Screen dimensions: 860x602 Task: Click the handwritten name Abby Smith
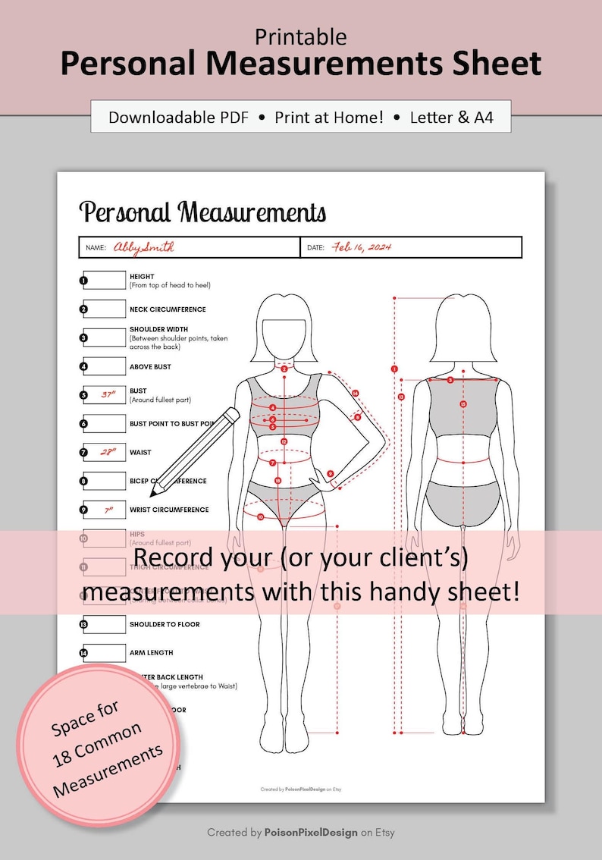click(144, 247)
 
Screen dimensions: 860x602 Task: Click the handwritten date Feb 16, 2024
click(362, 247)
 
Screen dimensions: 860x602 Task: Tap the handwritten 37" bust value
click(108, 394)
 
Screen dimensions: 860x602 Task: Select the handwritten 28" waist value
click(108, 452)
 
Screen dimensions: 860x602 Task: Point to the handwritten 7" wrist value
click(108, 510)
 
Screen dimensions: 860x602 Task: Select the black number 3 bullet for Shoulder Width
click(83, 338)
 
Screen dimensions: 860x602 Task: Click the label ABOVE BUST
click(150, 367)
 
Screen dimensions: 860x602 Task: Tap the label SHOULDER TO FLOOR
click(165, 625)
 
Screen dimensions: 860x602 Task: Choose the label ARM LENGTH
click(151, 653)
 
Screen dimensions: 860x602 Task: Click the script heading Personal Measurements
click(202, 212)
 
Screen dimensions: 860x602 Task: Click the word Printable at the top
click(301, 36)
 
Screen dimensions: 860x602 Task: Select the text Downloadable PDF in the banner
click(178, 118)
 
